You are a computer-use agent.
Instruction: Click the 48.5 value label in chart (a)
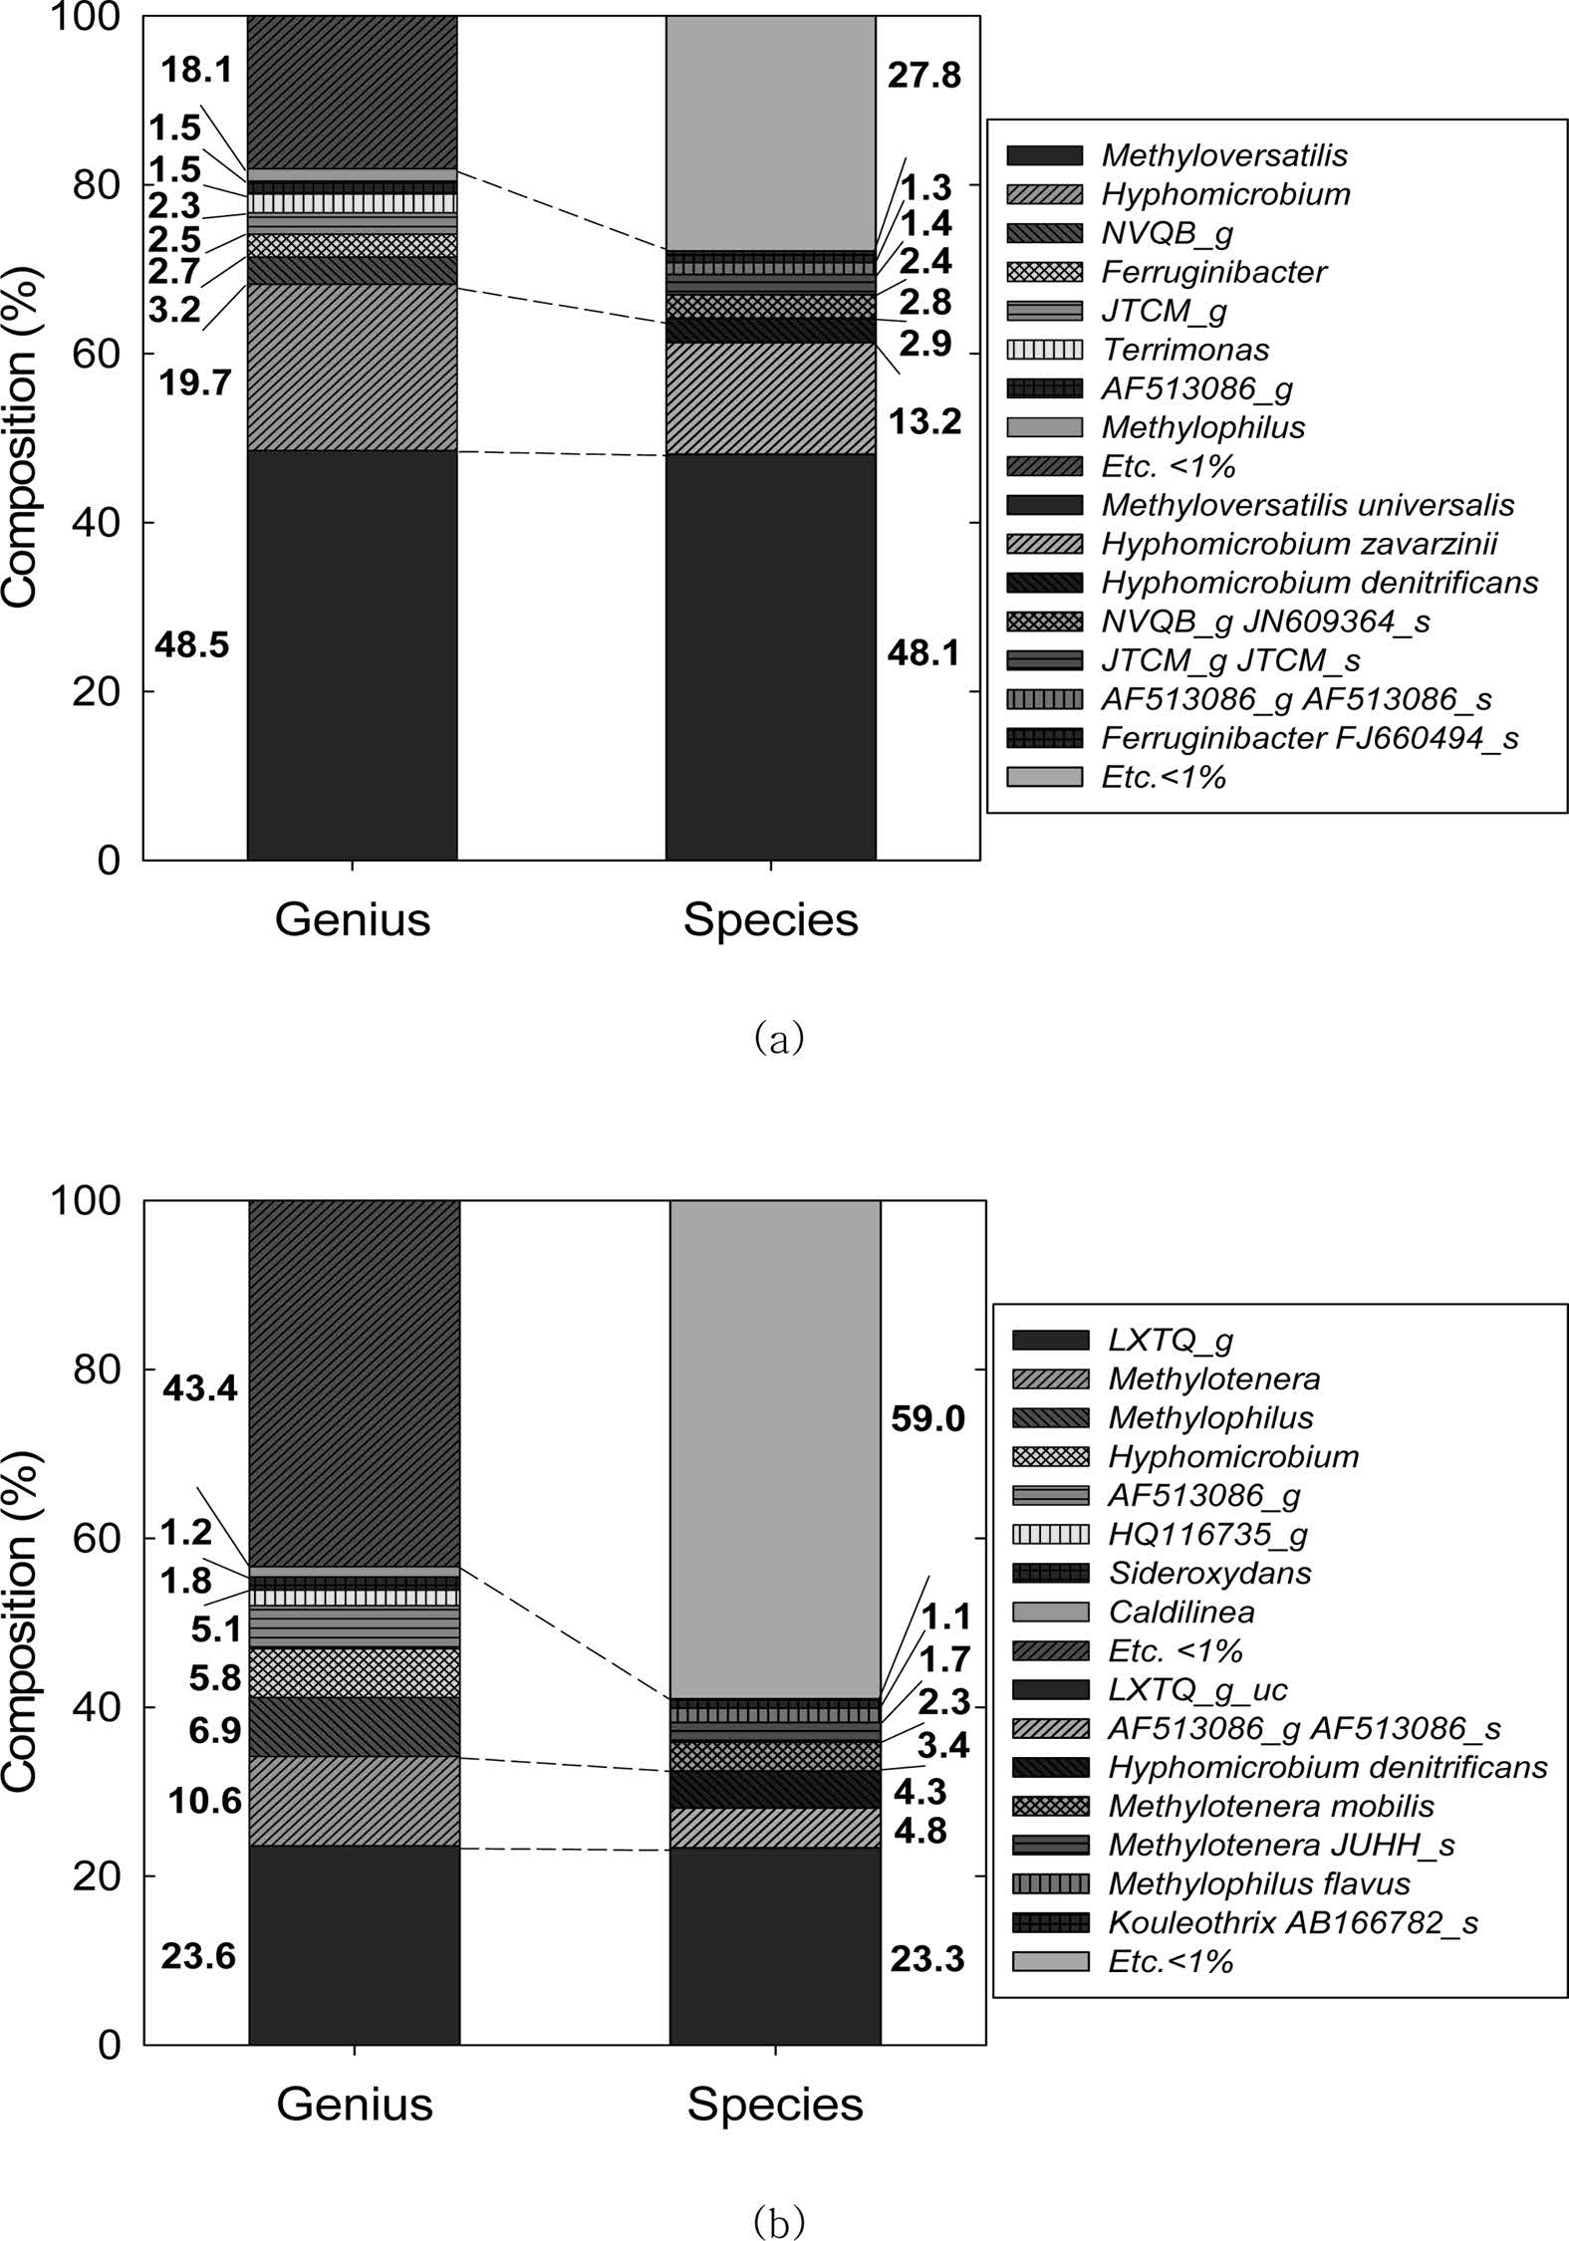[x=191, y=645]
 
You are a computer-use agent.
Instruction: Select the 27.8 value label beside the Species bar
[x=924, y=75]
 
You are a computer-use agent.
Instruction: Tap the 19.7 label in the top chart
[x=195, y=382]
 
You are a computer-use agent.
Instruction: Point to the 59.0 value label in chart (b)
[x=927, y=1418]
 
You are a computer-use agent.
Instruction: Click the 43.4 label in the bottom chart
[x=200, y=1387]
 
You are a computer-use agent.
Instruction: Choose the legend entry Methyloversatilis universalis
[x=1307, y=505]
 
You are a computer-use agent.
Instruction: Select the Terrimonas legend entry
[x=1184, y=350]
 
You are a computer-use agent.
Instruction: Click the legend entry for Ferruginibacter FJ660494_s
[x=1309, y=738]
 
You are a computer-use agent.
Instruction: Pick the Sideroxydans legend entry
[x=1209, y=1573]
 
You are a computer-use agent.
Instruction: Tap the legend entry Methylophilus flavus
[x=1259, y=1883]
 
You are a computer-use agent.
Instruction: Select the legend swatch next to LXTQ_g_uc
[x=1050, y=1689]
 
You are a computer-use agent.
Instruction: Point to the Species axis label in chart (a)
[x=770, y=920]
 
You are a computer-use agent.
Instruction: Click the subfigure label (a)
[x=779, y=1038]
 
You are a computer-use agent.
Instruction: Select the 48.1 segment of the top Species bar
[x=770, y=657]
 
